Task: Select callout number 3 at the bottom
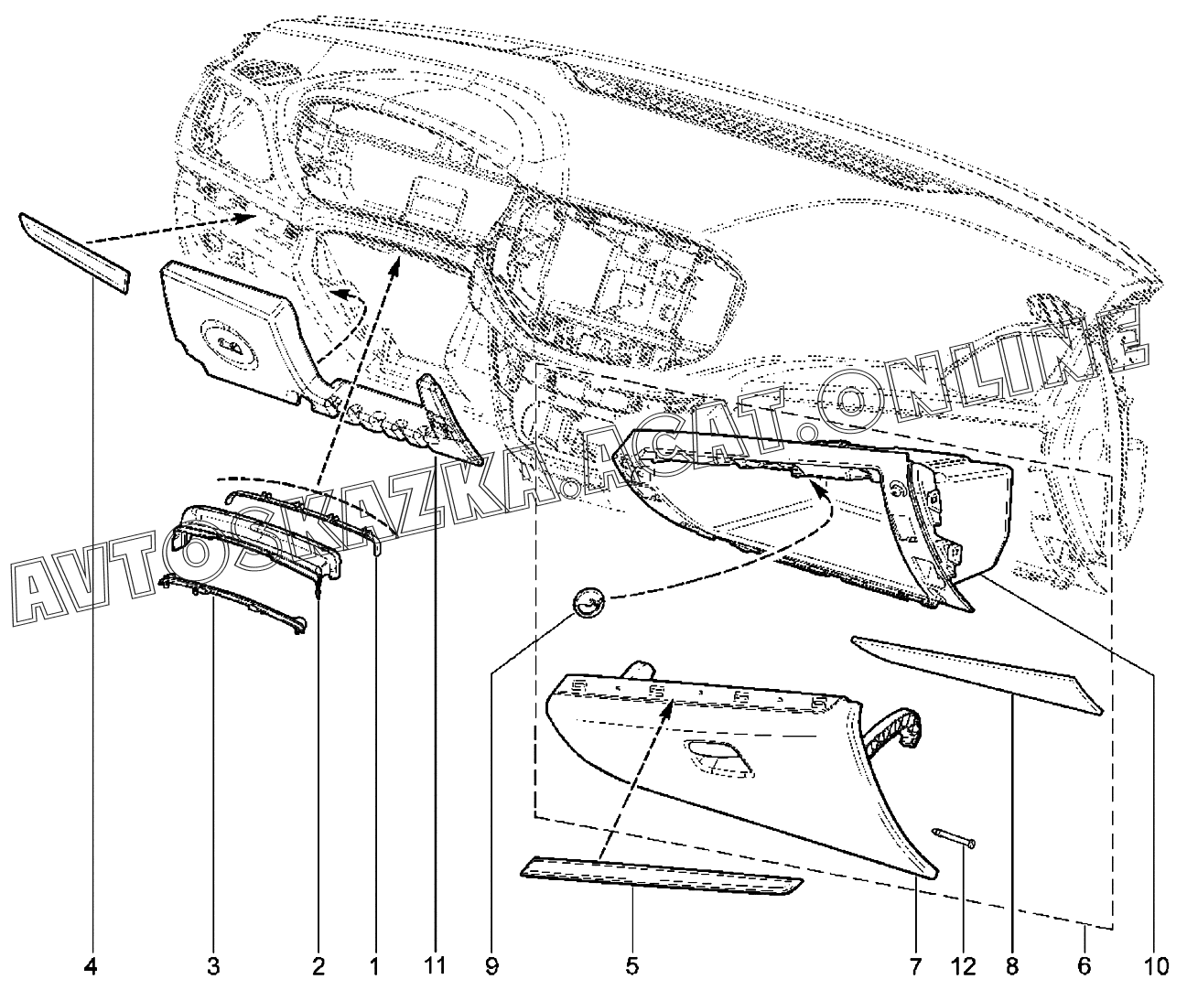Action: click(213, 966)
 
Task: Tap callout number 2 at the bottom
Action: click(318, 966)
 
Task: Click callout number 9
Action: click(491, 966)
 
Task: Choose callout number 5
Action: click(632, 966)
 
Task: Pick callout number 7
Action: click(916, 966)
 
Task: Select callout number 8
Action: click(1013, 966)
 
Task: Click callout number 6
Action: click(1084, 966)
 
